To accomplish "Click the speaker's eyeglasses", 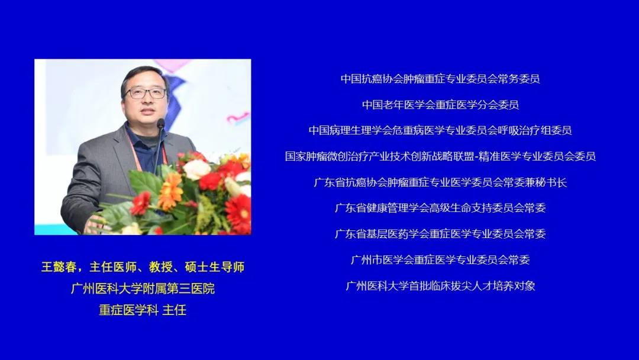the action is pyautogui.click(x=146, y=93).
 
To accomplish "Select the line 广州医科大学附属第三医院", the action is pyautogui.click(x=143, y=289).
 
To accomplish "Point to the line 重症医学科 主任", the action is pyautogui.click(x=143, y=310).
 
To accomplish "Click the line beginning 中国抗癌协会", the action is pyautogui.click(x=440, y=79).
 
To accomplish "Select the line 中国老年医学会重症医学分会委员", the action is pyautogui.click(x=440, y=105).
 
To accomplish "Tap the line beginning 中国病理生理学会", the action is pyautogui.click(x=440, y=130).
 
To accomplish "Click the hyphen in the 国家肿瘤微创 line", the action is pyautogui.click(x=476, y=156).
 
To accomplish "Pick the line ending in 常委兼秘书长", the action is pyautogui.click(x=440, y=182).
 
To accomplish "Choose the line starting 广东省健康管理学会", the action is pyautogui.click(x=440, y=208).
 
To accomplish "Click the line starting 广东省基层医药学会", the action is pyautogui.click(x=440, y=234).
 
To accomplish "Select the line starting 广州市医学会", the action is pyautogui.click(x=440, y=260).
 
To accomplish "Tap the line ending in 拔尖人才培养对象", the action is pyautogui.click(x=440, y=286).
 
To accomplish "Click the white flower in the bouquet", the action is pyautogui.click(x=196, y=169).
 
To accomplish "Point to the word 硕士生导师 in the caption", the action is pyautogui.click(x=215, y=267).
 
